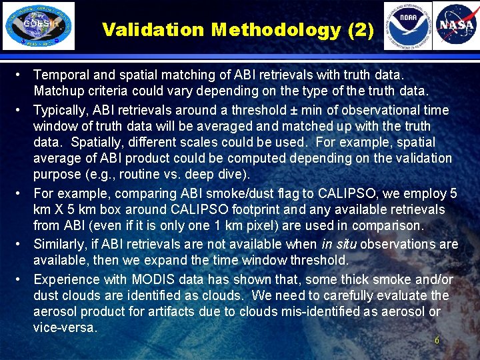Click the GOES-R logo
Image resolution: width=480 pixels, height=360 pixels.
point(39,26)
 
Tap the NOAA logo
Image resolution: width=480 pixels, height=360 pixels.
point(407,26)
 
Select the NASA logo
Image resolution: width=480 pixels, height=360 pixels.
point(456,26)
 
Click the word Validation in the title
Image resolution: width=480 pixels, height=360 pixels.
point(153,30)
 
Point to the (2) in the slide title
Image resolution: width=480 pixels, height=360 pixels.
point(359,30)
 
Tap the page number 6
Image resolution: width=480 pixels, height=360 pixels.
point(437,341)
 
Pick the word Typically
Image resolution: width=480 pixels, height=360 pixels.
point(60,110)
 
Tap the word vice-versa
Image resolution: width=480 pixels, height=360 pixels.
point(65,327)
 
